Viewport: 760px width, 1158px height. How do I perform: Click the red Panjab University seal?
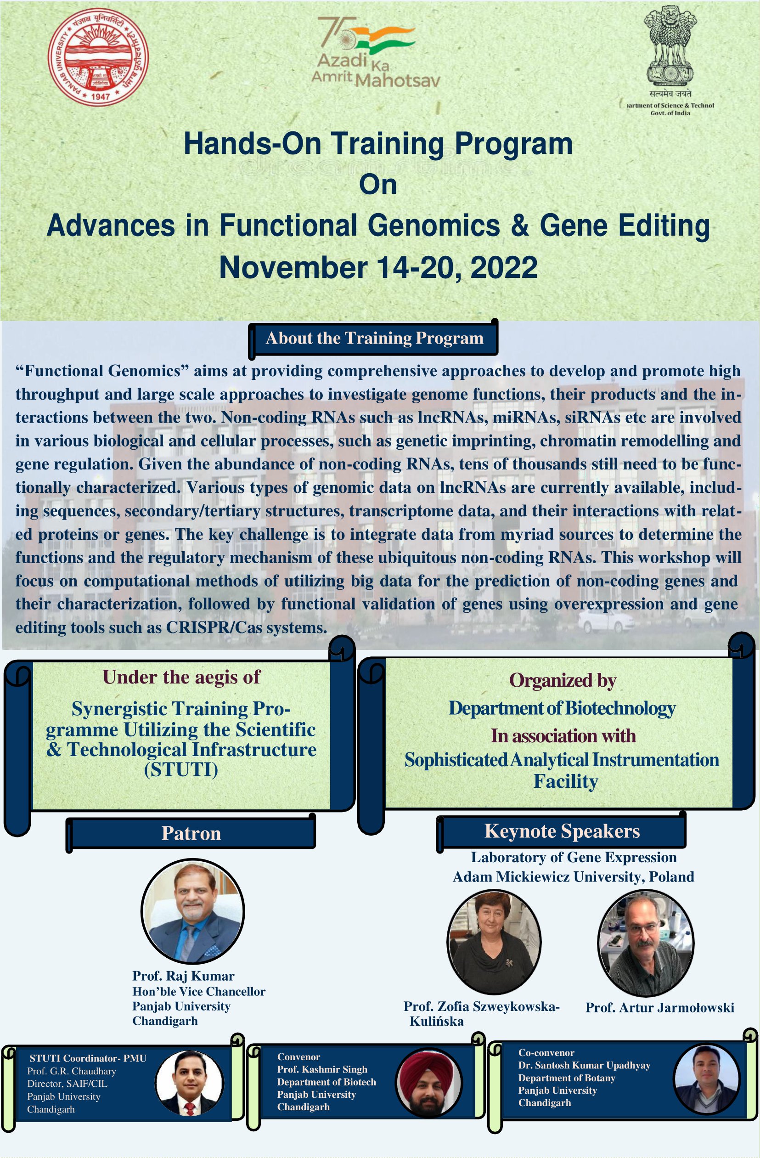98,57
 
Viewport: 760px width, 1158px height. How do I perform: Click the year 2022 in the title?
504,268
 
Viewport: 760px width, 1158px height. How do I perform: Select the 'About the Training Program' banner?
374,338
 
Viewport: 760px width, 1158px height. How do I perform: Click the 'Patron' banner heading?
191,833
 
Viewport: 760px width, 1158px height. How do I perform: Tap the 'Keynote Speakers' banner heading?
562,831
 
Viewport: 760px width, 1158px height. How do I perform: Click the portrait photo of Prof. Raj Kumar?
193,911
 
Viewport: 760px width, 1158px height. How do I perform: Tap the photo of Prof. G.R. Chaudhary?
189,1083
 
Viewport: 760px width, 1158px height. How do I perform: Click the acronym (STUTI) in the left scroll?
181,770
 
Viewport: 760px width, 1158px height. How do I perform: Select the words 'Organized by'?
563,681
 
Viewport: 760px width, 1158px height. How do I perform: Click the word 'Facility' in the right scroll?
566,781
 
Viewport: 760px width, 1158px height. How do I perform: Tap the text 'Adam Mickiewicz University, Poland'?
573,877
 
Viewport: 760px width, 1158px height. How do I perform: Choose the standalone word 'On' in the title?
378,185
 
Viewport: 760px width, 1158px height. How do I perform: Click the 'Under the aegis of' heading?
181,677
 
